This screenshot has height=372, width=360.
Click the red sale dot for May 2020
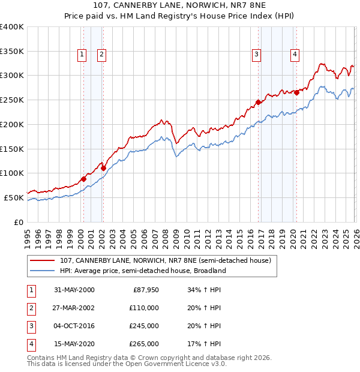[296, 92]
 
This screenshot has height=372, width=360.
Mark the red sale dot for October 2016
[258, 102]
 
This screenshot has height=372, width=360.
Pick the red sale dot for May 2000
[84, 179]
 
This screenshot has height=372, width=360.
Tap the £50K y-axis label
[14, 197]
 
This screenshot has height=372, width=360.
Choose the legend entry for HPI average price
[142, 271]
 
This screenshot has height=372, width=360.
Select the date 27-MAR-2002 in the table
[73, 307]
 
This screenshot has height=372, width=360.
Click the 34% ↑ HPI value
[205, 289]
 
